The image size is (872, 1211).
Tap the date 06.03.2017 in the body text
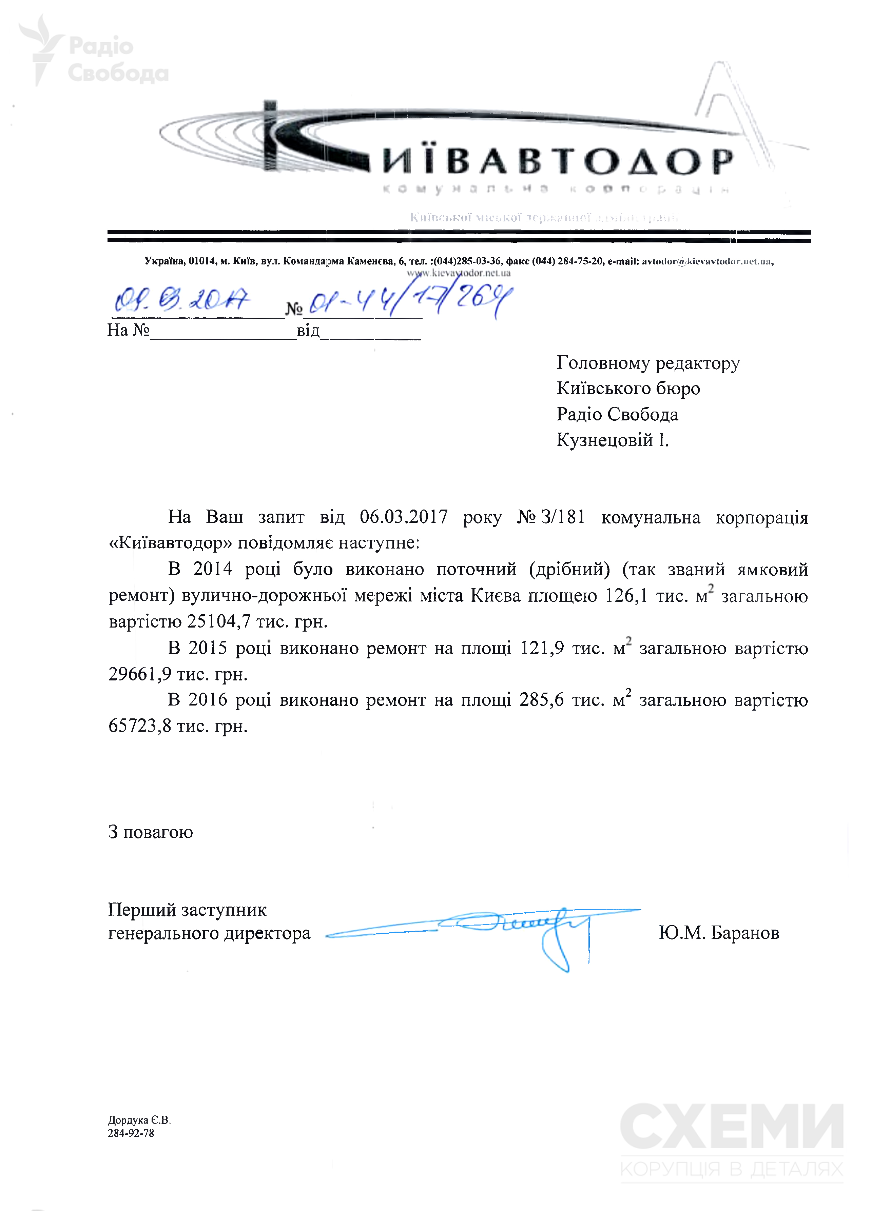tap(403, 517)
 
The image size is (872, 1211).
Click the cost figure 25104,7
tap(218, 621)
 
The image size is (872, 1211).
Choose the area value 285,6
tap(541, 699)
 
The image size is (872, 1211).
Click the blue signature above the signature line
tap(513, 927)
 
